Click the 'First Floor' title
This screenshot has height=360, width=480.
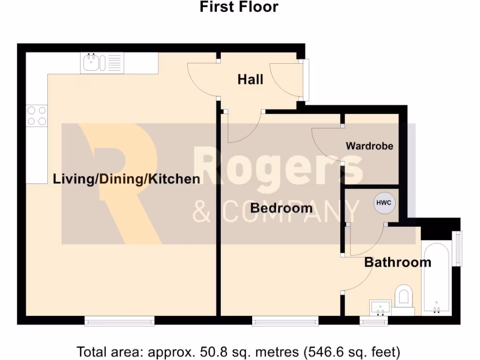(239, 7)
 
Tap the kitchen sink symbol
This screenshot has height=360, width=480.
(103, 63)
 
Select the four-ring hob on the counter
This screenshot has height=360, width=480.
(37, 116)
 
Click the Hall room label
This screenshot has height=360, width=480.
(250, 80)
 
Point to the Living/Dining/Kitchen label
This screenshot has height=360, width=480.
(127, 179)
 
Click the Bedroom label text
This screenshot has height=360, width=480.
(281, 208)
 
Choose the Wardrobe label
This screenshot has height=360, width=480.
(369, 146)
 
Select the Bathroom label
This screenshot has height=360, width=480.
(397, 262)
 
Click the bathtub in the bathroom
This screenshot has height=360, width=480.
(436, 278)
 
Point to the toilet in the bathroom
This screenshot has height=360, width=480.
(403, 298)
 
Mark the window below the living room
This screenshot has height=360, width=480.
(120, 321)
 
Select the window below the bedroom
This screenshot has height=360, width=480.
(285, 321)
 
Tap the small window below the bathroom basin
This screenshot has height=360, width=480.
(374, 321)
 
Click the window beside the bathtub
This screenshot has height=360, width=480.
(459, 248)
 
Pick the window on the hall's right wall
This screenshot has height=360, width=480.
(306, 80)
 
